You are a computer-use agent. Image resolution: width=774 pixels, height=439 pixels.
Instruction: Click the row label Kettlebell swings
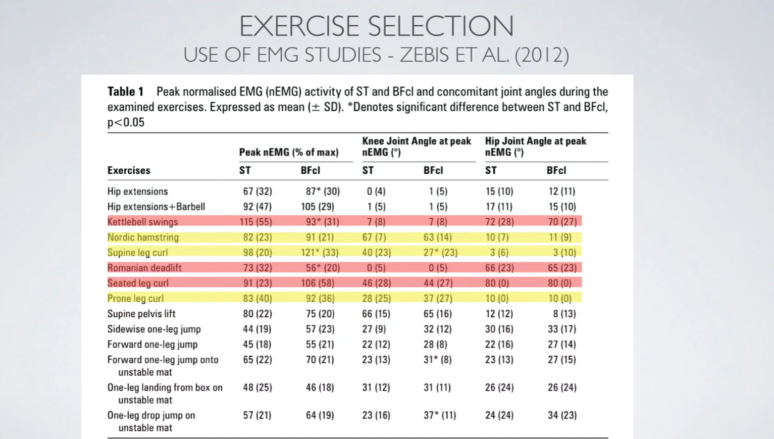coord(142,222)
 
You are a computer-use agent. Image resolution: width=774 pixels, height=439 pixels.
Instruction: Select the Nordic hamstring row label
coord(143,237)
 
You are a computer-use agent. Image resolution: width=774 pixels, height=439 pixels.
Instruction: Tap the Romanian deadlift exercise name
coord(144,268)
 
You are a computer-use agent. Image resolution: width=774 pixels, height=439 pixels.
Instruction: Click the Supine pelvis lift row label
coord(141,314)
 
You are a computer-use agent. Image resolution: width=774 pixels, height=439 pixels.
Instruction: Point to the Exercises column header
coord(129,170)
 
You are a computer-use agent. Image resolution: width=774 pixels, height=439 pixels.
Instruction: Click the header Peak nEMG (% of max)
coord(289,152)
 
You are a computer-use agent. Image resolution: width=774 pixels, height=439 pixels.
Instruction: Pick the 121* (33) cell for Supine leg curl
coord(320,253)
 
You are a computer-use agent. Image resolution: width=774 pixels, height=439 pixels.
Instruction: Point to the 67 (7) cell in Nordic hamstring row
coord(374,237)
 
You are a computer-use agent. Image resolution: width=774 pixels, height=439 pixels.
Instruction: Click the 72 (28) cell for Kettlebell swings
coord(499,222)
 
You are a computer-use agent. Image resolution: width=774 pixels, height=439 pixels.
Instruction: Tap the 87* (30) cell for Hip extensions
coord(323,191)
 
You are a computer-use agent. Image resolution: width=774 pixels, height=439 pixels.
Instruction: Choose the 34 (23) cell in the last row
coord(562,415)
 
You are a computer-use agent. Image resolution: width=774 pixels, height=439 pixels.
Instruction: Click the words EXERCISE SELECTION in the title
coord(376,26)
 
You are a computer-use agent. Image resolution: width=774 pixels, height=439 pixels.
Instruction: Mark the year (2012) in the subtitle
coord(542,55)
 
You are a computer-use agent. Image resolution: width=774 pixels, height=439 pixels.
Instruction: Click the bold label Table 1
coord(125,91)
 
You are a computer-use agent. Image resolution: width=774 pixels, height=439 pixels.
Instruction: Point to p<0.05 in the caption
coord(126,122)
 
